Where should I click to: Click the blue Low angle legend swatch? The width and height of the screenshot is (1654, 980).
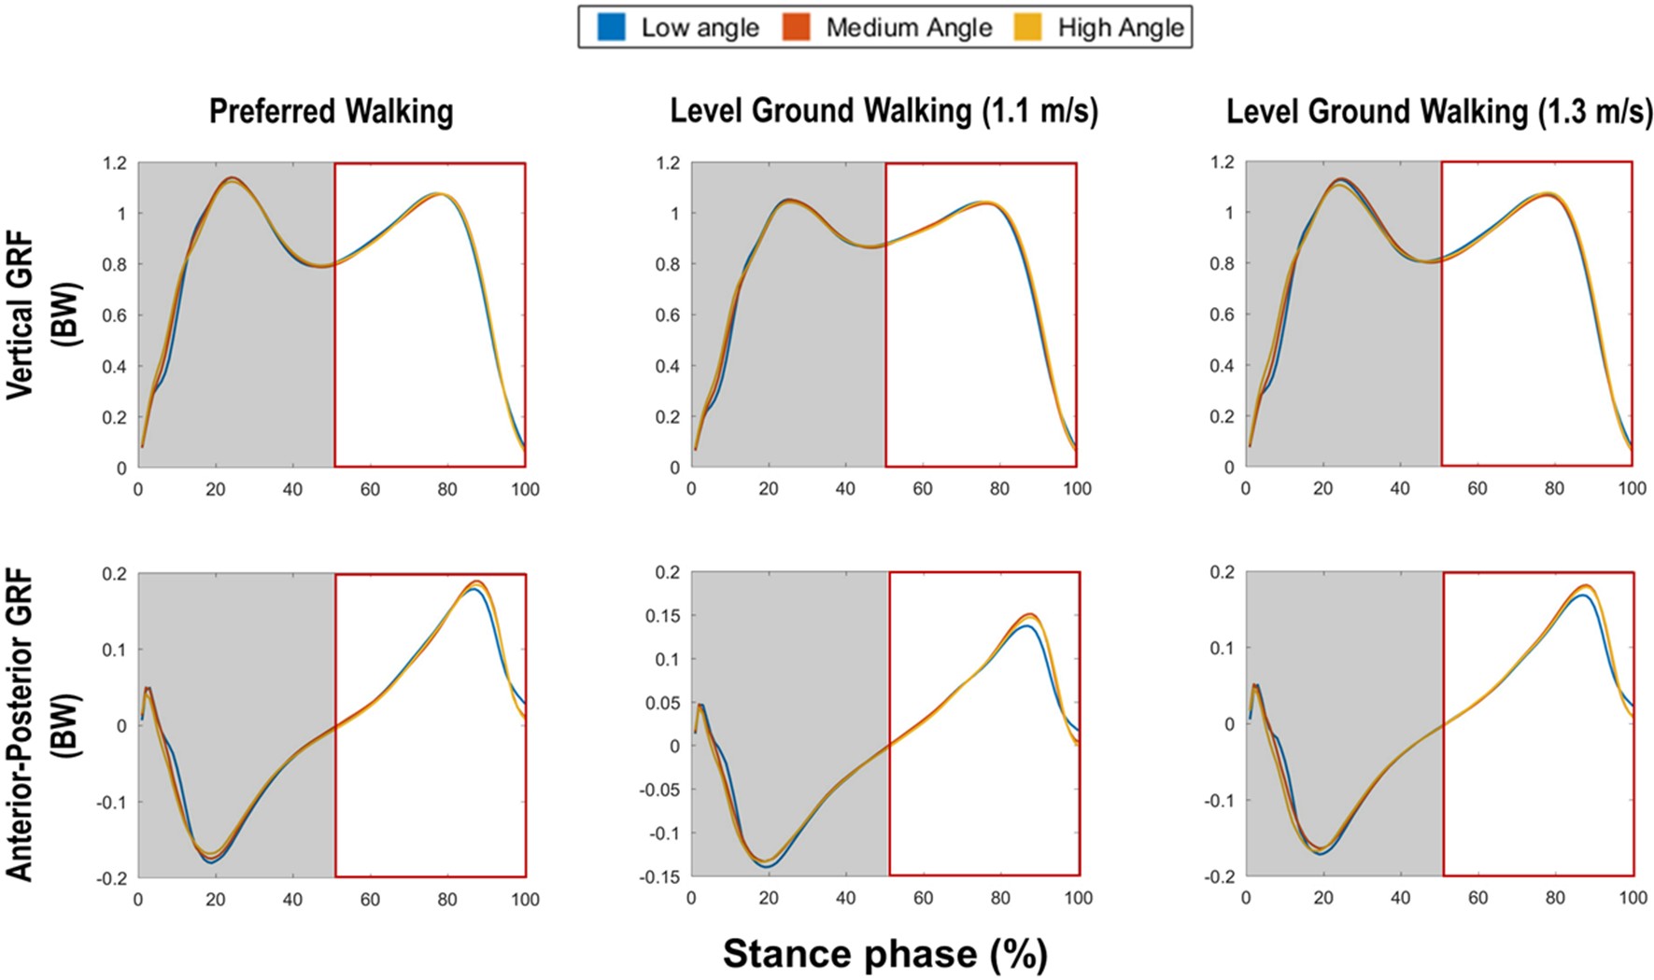point(611,27)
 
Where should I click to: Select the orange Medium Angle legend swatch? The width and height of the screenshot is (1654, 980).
point(796,27)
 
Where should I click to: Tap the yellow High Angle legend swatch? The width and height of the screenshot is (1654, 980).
point(1028,27)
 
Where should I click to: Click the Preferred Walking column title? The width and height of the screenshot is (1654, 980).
point(331,111)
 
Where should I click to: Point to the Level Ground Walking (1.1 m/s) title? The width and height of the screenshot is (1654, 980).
point(884,111)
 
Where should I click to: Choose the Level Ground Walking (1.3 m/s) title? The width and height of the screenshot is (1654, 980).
point(1439,111)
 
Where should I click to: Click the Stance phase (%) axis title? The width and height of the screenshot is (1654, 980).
point(884,954)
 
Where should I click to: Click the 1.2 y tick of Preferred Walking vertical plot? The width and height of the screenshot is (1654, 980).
point(114,163)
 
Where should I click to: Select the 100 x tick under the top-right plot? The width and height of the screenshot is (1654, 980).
point(1632,488)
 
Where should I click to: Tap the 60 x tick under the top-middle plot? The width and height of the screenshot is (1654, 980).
point(922,488)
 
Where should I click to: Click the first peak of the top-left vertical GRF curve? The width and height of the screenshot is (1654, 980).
point(232,179)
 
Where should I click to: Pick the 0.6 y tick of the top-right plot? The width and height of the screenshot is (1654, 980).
point(1222,315)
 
